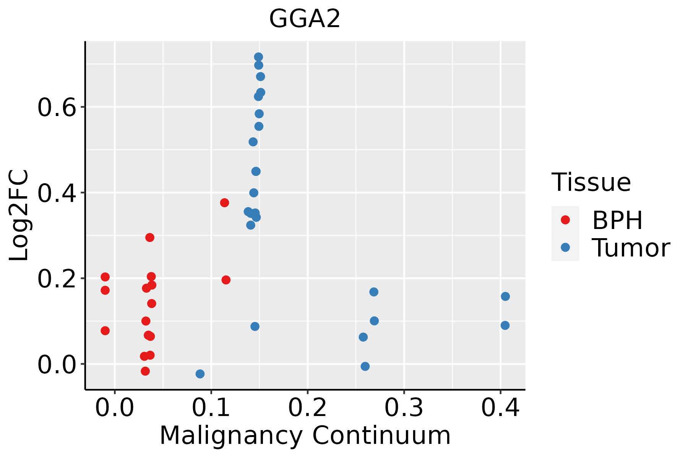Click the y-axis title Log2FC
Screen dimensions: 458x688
tap(19, 215)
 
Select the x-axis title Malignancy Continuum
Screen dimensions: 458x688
tap(305, 435)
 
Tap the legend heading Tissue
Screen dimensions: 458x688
tap(591, 182)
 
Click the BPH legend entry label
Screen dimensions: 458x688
tap(617, 220)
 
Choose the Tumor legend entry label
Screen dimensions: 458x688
tap(631, 248)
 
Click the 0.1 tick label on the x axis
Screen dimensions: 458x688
tap(211, 408)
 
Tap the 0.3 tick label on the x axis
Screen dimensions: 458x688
tap(404, 408)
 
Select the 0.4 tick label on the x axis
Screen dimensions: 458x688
tap(500, 408)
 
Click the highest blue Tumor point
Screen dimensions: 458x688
tap(258, 57)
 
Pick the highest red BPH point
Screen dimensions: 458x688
tap(224, 203)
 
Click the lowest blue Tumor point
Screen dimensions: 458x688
tap(200, 374)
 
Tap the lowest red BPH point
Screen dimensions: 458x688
tap(145, 371)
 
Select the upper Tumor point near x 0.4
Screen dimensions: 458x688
tap(505, 297)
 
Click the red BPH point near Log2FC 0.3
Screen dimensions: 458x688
tap(150, 237)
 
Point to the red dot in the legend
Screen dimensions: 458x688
tap(565, 220)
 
